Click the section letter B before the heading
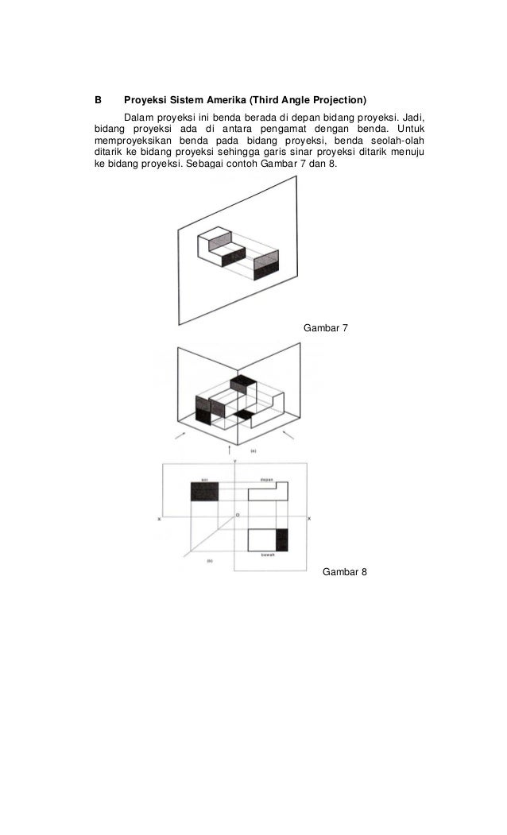click(x=98, y=101)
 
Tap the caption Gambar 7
click(x=326, y=328)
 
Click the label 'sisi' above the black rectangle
click(x=204, y=479)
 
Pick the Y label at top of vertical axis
click(x=234, y=462)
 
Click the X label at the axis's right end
click(x=309, y=519)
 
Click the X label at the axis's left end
click(x=160, y=519)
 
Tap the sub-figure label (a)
click(x=253, y=450)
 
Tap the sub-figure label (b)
click(x=209, y=562)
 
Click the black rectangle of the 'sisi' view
click(x=204, y=492)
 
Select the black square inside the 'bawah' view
click(x=281, y=539)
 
